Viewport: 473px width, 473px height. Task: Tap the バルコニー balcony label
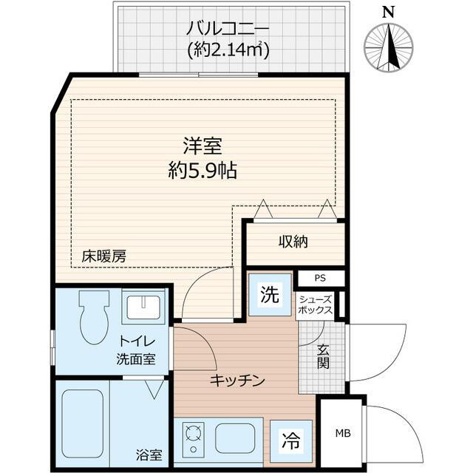pyautogui.click(x=228, y=30)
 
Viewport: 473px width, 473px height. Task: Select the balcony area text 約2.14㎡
pyautogui.click(x=228, y=50)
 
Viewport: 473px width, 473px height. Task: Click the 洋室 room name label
pyautogui.click(x=202, y=146)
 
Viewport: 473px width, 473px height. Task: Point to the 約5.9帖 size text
pyautogui.click(x=202, y=171)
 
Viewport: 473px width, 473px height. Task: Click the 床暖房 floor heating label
pyautogui.click(x=103, y=257)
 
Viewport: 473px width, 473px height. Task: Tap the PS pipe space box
pyautogui.click(x=320, y=279)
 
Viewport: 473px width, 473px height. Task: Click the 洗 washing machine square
pyautogui.click(x=270, y=296)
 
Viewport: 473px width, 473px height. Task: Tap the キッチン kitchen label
pyautogui.click(x=236, y=381)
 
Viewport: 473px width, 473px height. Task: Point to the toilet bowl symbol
pyautogui.click(x=94, y=316)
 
